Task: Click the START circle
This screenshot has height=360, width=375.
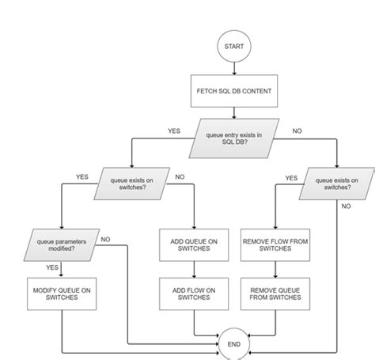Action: tap(234, 47)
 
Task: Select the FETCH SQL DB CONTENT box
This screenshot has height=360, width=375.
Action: tap(234, 91)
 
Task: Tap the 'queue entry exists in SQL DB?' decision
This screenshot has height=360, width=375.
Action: tap(234, 140)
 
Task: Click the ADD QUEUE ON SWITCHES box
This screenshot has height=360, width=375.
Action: tap(194, 245)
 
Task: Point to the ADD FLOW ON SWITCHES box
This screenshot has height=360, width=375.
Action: tap(194, 294)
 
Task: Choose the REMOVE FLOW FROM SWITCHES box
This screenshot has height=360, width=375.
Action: tap(274, 245)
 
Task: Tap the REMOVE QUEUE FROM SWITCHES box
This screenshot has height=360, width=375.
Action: tap(274, 294)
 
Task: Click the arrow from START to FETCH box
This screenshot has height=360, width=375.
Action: tap(234, 70)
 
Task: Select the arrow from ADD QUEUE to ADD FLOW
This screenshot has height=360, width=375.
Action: tap(194, 269)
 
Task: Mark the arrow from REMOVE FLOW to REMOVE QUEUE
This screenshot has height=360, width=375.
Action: tap(274, 269)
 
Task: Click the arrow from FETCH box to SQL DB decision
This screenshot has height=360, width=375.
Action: tap(234, 115)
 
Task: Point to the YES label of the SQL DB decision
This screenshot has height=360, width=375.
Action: tap(174, 131)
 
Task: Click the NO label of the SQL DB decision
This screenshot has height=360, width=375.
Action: tap(297, 131)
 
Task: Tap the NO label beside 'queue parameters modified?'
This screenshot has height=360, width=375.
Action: tap(105, 239)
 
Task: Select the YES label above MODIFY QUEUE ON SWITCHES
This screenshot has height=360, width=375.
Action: tap(52, 267)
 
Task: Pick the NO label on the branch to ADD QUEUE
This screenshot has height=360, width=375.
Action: tap(179, 176)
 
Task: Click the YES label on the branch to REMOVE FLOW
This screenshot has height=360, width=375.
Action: tap(290, 178)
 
